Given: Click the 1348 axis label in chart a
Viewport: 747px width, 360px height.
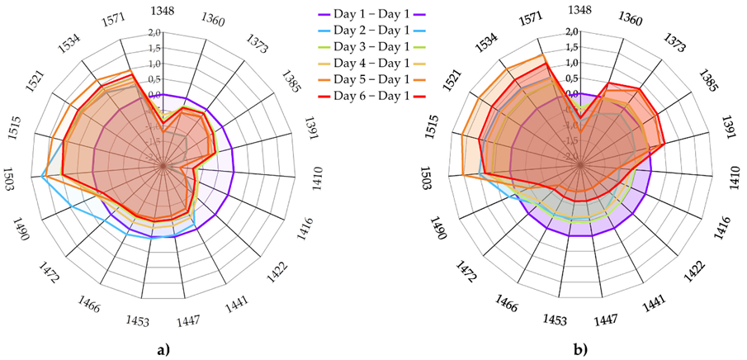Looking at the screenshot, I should [163, 10].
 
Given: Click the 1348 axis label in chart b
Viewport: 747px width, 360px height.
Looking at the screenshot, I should [581, 10].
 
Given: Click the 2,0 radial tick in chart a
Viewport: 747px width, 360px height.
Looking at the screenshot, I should [153, 32].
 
